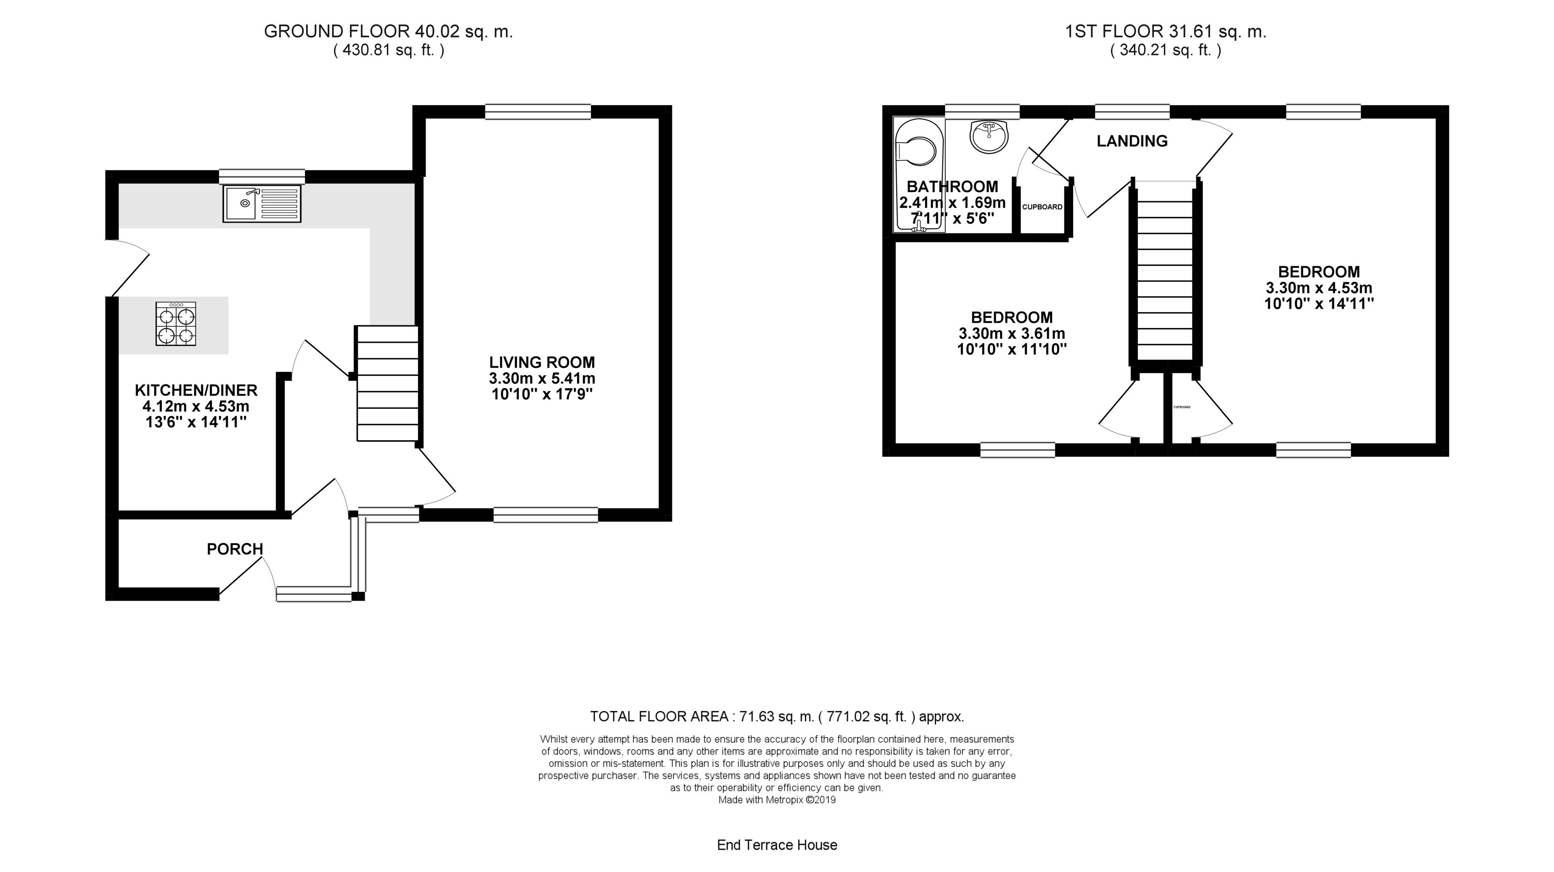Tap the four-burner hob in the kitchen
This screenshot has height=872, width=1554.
176,324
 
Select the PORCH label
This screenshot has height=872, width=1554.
234,549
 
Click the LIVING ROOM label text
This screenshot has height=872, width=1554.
542,363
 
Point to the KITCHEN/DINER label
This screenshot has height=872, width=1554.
196,391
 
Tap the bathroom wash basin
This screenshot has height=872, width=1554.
989,136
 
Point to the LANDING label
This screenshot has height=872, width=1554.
1132,141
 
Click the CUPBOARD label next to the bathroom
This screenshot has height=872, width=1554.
1042,207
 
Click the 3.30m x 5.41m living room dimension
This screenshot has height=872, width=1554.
542,379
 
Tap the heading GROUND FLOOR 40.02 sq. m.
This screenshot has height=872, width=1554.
388,32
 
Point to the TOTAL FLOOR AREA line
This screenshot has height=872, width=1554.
777,717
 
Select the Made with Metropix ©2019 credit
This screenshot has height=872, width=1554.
777,800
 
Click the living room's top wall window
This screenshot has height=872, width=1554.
538,112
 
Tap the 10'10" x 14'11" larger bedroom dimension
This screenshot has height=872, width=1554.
1319,304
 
